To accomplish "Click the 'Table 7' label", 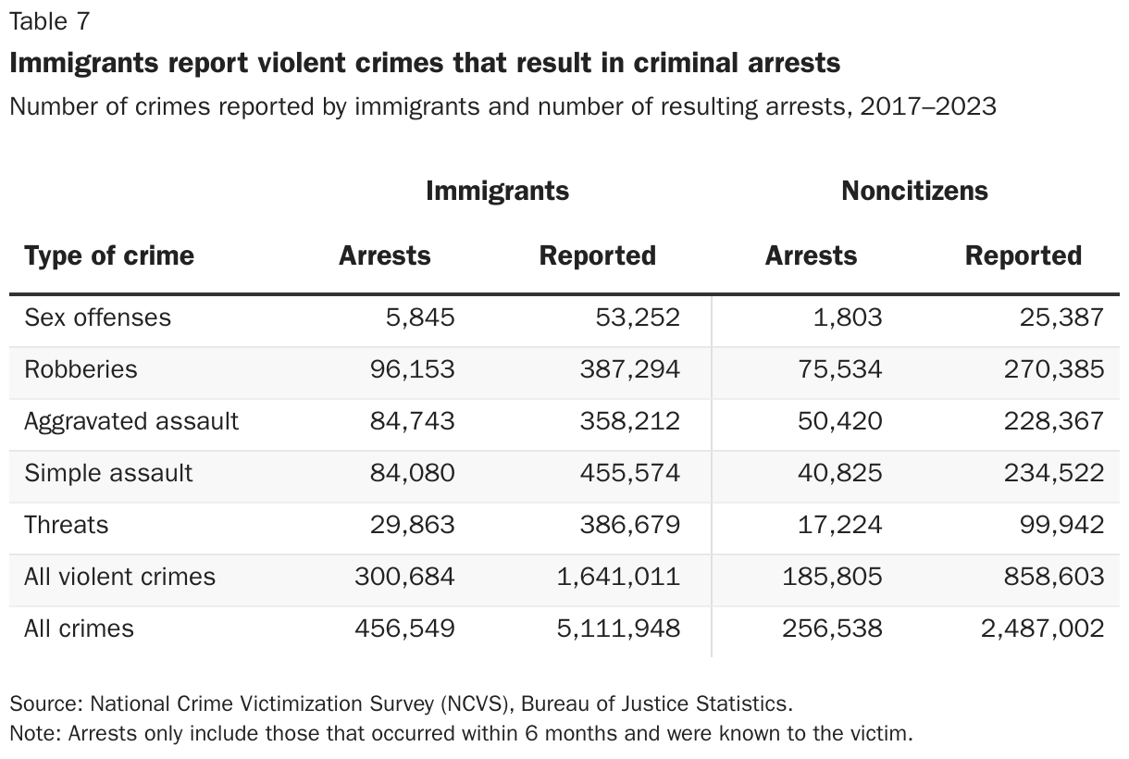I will tap(49, 20).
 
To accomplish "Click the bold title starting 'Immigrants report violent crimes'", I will tap(425, 63).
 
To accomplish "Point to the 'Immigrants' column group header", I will tap(497, 191).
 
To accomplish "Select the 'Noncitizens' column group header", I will tap(914, 191).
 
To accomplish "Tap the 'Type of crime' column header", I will tap(109, 255).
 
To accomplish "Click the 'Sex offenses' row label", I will tap(97, 317).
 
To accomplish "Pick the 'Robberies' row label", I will tap(81, 369).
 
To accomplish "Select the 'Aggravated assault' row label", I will tap(131, 421).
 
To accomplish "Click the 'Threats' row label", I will tap(66, 525).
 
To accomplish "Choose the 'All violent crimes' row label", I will tap(119, 577).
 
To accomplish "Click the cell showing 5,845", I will tap(420, 317).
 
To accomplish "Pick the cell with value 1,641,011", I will tap(617, 577).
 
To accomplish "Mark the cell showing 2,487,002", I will tap(1042, 628).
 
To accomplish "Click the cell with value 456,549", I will tap(404, 628).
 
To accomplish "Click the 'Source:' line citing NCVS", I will tap(401, 703).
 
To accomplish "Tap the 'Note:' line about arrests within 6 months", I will tap(460, 734).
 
